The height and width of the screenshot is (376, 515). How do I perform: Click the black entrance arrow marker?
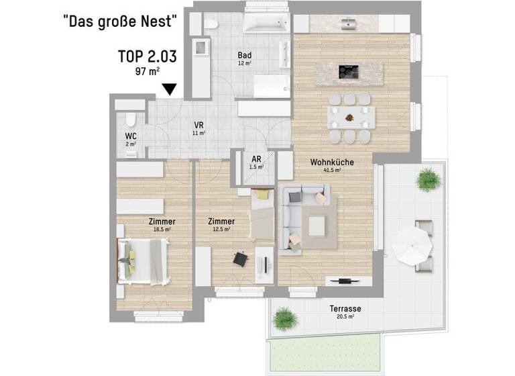tap(170, 89)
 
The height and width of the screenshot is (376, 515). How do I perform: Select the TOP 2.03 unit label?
tap(146, 56)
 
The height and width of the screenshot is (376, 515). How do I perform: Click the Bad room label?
tap(244, 56)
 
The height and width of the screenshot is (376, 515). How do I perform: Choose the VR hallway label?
tap(198, 126)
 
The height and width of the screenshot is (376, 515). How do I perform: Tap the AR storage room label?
tap(256, 159)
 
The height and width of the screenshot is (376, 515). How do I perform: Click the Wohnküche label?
tap(331, 162)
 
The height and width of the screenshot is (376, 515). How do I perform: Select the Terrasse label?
tap(345, 309)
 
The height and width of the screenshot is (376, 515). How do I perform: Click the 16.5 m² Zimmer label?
tap(162, 222)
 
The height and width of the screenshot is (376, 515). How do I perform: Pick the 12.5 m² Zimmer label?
tap(221, 222)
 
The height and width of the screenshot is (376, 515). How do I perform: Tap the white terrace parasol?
tap(412, 246)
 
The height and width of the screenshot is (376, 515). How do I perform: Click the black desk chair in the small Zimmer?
tap(239, 258)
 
